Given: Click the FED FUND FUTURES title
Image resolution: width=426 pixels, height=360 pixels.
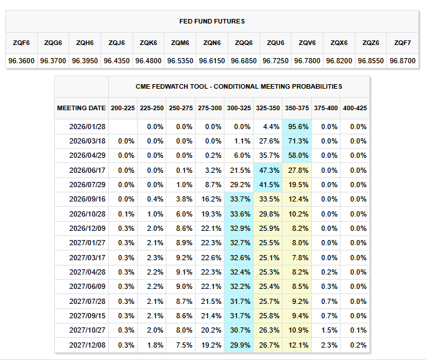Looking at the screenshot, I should (212, 22).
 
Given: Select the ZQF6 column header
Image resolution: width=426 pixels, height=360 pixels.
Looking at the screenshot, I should (21, 42).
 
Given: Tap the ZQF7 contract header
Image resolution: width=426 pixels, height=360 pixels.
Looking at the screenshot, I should (403, 42).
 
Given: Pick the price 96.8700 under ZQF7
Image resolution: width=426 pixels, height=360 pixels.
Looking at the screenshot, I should (403, 60).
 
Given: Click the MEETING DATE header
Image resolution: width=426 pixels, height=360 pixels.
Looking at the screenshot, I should (81, 108).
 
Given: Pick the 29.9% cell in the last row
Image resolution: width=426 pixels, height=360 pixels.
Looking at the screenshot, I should (238, 344).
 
